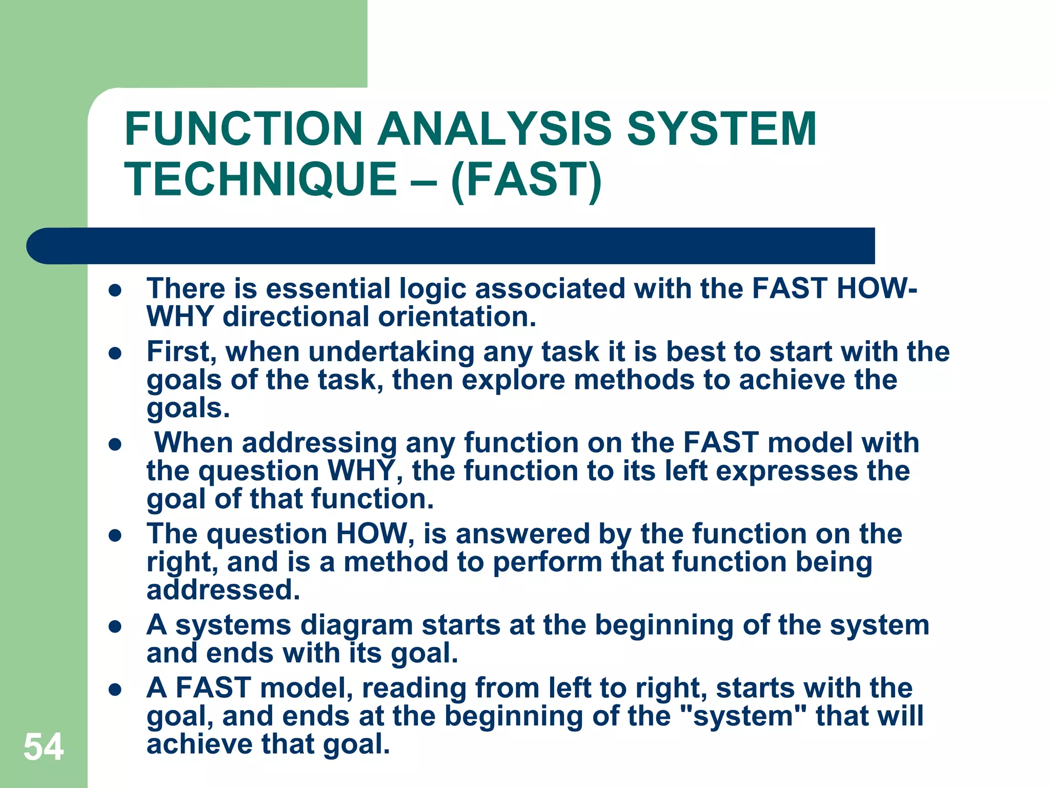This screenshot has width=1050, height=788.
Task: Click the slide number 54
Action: click(44, 747)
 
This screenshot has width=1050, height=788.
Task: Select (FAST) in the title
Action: click(526, 180)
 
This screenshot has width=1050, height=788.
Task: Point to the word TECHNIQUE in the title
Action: click(261, 180)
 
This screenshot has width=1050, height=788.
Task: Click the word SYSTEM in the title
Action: click(721, 129)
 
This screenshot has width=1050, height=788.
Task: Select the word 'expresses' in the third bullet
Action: click(786, 471)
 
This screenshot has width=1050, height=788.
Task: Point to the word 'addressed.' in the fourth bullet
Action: click(223, 590)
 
